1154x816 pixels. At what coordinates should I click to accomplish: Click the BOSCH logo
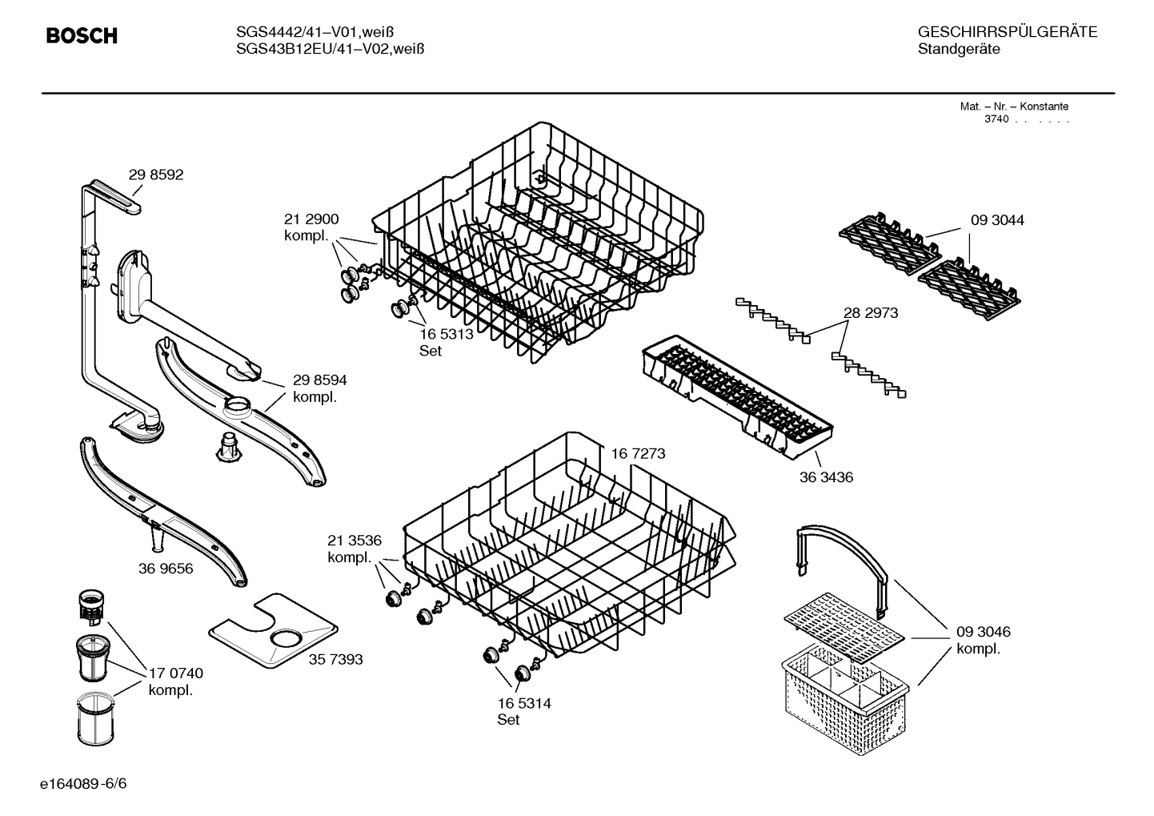point(82,36)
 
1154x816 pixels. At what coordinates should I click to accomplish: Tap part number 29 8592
point(156,175)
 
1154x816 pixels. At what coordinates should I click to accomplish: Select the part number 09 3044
point(997,220)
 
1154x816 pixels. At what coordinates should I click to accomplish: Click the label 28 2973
point(871,313)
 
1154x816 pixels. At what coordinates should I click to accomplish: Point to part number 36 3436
point(826,477)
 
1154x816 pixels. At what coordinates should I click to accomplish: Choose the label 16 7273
point(638,454)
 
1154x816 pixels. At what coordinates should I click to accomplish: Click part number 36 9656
point(166,569)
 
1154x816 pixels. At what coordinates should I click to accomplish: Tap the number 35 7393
point(335,659)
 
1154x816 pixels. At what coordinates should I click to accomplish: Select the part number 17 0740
point(176,673)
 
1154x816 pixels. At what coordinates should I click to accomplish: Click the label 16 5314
point(524,704)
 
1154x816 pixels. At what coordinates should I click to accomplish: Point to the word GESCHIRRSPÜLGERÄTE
point(1007,32)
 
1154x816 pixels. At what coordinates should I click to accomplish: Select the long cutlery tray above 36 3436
point(736,396)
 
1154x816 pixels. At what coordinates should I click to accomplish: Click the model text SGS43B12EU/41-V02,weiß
point(330,49)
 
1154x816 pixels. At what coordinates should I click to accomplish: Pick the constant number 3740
point(996,119)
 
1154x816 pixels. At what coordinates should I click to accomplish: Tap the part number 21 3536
point(354,541)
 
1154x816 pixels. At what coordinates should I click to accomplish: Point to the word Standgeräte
point(959,50)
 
